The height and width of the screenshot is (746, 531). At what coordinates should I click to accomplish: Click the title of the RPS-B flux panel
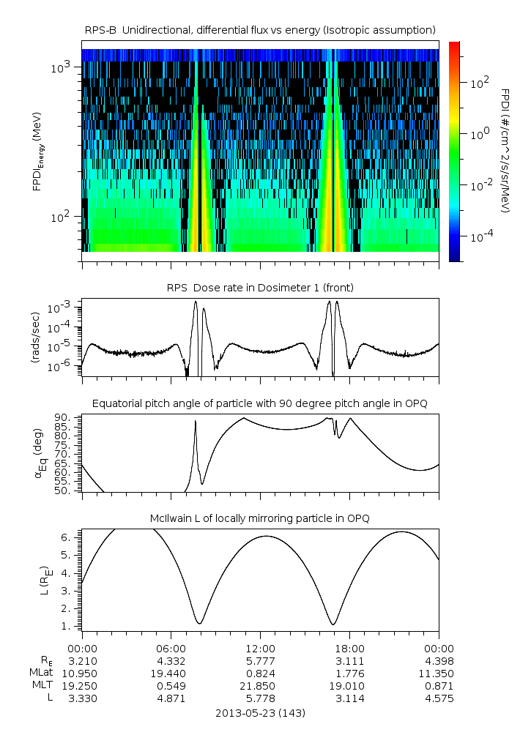point(260,30)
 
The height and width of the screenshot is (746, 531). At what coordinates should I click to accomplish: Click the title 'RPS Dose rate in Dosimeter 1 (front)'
point(260,288)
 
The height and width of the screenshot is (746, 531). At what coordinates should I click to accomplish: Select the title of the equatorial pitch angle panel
point(260,403)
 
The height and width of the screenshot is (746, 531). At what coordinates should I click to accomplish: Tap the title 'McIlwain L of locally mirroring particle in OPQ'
point(260,518)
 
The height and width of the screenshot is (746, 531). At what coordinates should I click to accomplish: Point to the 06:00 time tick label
point(171,648)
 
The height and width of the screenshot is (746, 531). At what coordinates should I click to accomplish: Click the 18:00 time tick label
point(349,648)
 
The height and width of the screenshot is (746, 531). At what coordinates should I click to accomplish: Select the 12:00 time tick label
point(260,648)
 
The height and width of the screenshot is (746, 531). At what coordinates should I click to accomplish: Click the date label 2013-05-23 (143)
point(260,712)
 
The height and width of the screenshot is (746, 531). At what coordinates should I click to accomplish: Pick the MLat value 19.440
point(171,673)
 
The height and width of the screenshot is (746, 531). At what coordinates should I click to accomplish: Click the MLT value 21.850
point(260,685)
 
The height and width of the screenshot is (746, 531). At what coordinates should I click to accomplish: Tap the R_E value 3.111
point(349,660)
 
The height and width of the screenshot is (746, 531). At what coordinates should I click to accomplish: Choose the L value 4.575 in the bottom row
point(439,698)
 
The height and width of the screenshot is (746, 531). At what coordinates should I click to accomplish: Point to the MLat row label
point(37,673)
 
